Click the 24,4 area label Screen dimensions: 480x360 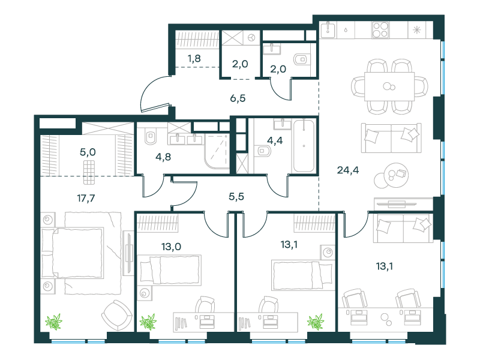coord(348,170)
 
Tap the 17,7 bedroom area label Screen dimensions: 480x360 coord(86,198)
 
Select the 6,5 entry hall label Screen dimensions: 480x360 coord(238,98)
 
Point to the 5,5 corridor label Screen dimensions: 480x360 coord(236,196)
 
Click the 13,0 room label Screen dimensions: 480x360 coord(171,247)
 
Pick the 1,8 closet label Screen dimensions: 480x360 coord(194,58)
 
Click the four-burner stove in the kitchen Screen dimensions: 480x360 coord(380,30)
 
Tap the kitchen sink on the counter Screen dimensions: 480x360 coord(328,29)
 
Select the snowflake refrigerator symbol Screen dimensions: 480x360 coord(416,30)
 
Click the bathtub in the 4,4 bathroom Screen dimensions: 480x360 coord(304,146)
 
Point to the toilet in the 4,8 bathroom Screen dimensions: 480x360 coord(151,136)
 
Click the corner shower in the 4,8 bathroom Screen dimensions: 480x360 coord(217,151)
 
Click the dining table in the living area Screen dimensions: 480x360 coord(389,86)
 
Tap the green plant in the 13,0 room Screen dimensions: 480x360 coord(148,322)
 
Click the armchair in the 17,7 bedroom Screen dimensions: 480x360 coord(116,316)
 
